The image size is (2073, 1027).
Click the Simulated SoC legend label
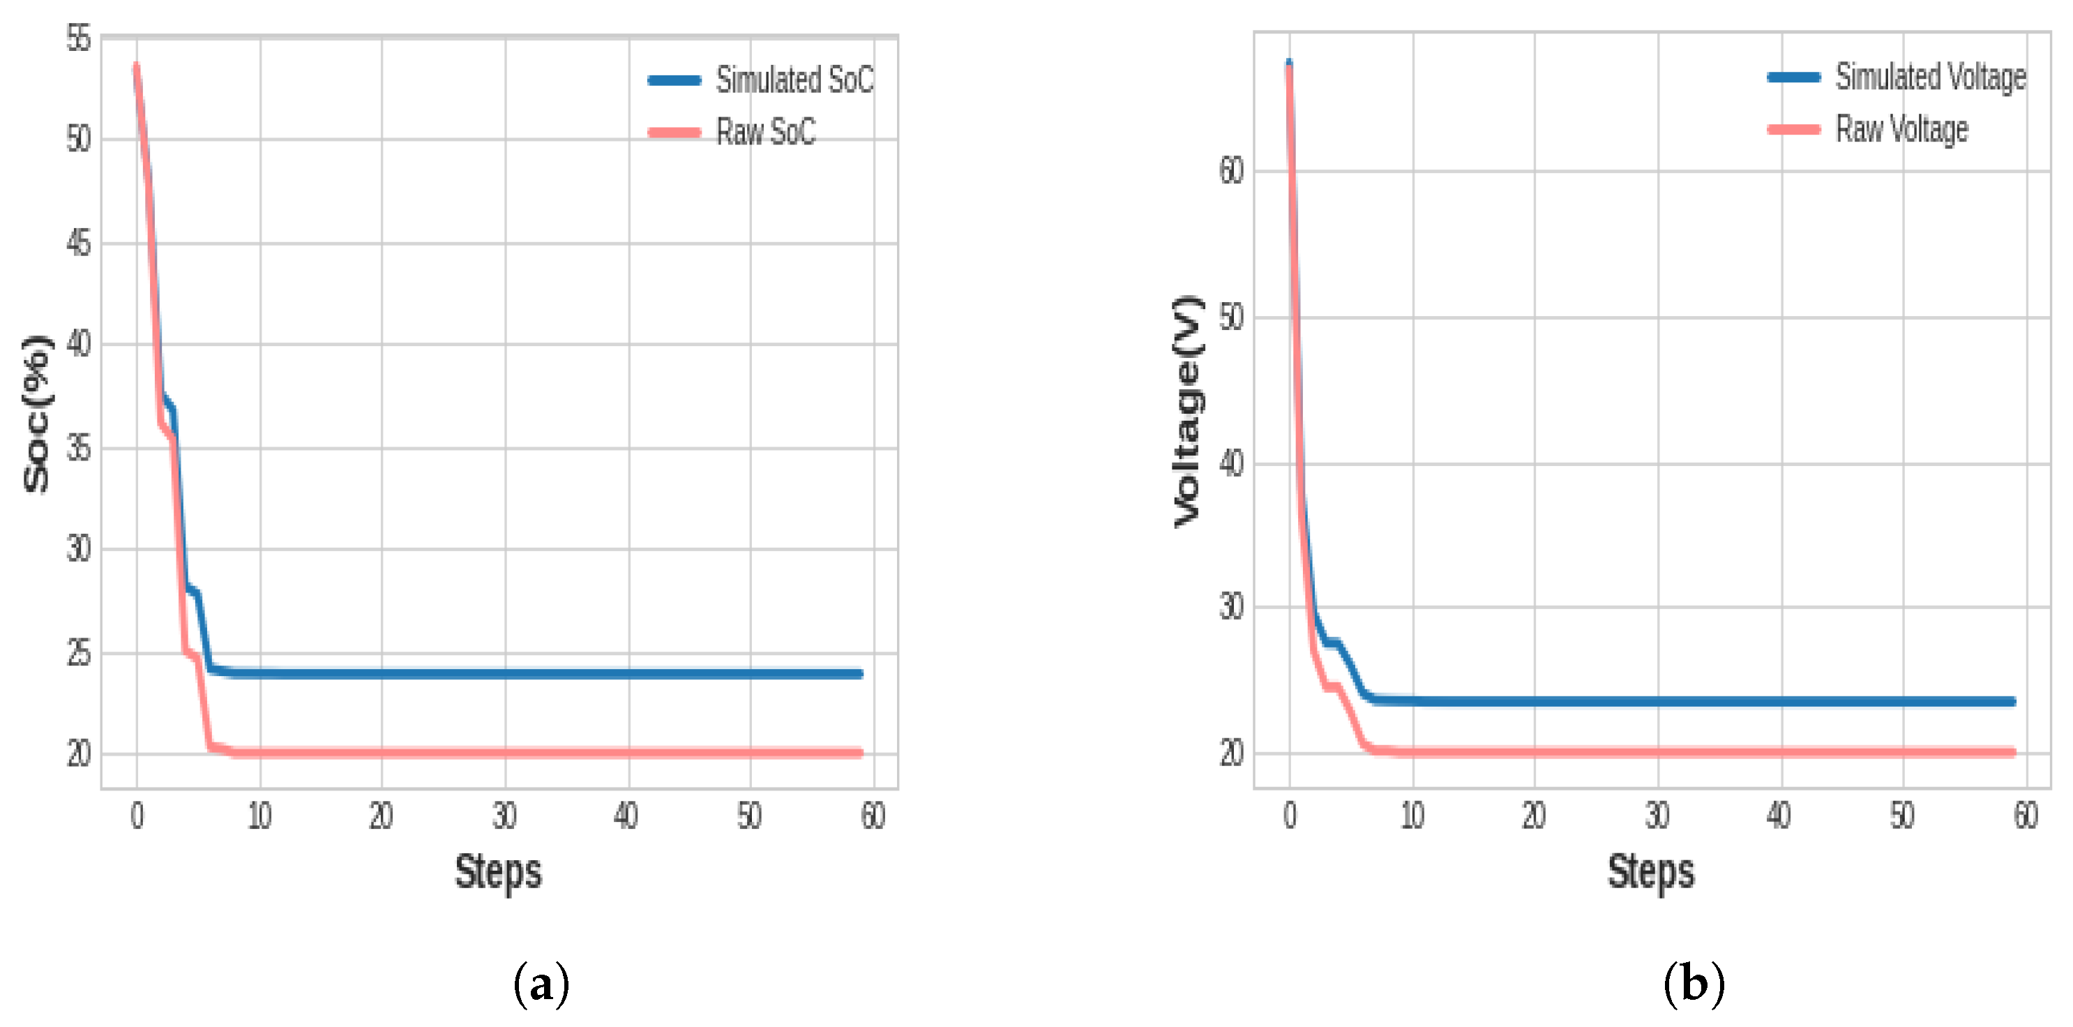(x=794, y=80)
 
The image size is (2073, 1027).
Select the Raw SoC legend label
(x=765, y=132)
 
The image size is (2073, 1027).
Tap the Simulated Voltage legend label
(x=1930, y=77)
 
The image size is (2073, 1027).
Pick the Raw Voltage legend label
(x=1901, y=129)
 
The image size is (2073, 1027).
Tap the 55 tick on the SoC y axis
(x=79, y=38)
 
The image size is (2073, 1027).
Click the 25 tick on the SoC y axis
(x=79, y=653)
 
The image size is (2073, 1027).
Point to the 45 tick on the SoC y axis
(x=79, y=243)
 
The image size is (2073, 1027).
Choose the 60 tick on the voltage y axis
(x=1231, y=171)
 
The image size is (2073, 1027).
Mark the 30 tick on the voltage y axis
(x=1231, y=606)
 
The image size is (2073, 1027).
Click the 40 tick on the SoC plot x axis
(x=626, y=816)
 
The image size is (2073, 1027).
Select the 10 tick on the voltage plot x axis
(x=1412, y=816)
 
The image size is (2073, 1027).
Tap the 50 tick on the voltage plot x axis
(x=1902, y=816)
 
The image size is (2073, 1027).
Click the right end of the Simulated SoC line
(x=859, y=674)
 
